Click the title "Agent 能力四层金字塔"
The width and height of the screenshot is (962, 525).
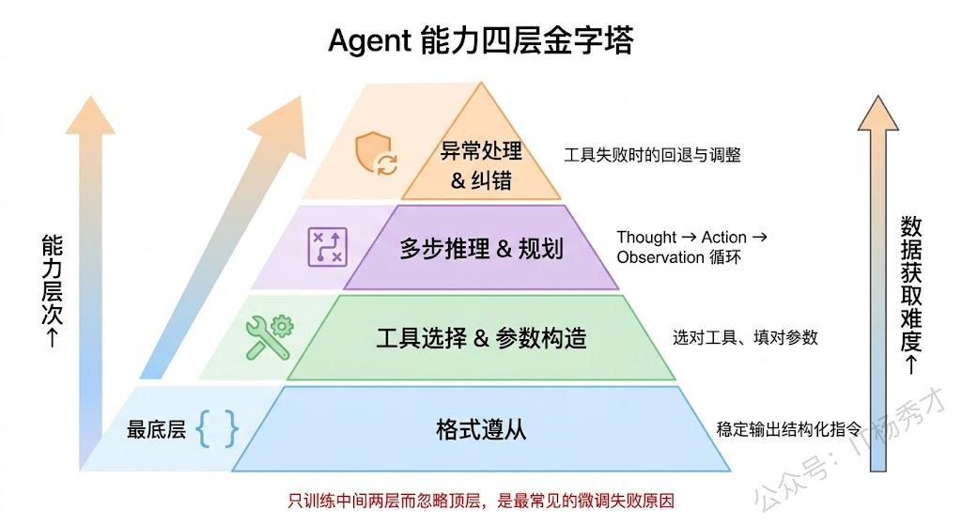coord(480,40)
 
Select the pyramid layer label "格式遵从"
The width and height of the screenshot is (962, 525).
coord(481,429)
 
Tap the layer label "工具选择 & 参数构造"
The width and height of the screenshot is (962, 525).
coord(481,338)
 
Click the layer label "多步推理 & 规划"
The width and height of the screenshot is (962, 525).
coord(481,248)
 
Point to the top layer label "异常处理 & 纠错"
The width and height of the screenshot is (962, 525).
coord(481,164)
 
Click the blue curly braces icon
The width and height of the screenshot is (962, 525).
coord(217,429)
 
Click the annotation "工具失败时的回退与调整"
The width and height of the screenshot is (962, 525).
coord(652,154)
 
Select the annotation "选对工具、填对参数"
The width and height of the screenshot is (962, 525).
coord(745,336)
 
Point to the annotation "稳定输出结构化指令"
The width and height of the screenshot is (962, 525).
coord(789,428)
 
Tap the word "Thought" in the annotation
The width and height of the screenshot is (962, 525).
coord(646,237)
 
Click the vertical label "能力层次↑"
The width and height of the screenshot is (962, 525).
coord(52,291)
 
